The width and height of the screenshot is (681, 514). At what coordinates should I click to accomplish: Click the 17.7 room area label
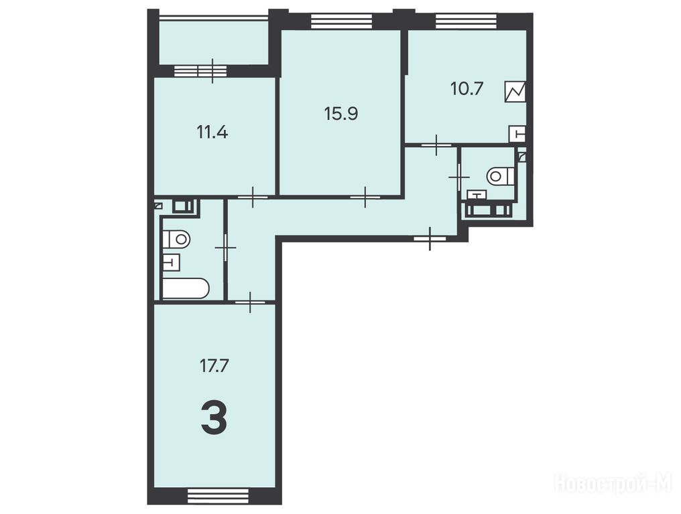(x=214, y=366)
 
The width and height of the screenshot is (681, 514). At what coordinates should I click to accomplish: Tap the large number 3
(x=214, y=418)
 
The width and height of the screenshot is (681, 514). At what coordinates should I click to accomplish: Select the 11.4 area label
(x=212, y=132)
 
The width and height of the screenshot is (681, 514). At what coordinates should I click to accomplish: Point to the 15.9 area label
(x=341, y=114)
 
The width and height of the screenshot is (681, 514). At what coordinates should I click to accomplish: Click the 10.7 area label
(x=467, y=89)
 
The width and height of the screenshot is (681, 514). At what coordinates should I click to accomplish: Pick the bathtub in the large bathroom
(x=186, y=288)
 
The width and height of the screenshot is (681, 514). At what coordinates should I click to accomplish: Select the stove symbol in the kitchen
(x=515, y=92)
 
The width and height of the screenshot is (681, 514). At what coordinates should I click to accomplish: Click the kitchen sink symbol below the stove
(x=517, y=134)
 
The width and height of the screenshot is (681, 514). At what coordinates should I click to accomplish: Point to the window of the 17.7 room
(x=218, y=496)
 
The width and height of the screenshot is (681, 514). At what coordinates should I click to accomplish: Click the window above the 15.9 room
(x=342, y=21)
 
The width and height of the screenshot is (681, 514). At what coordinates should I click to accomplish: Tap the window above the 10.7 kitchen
(x=466, y=21)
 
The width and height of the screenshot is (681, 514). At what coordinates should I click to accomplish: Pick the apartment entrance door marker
(x=430, y=238)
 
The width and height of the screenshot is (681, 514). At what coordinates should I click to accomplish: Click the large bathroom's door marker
(x=225, y=248)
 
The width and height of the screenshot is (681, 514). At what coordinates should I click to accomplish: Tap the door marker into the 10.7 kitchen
(x=436, y=145)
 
